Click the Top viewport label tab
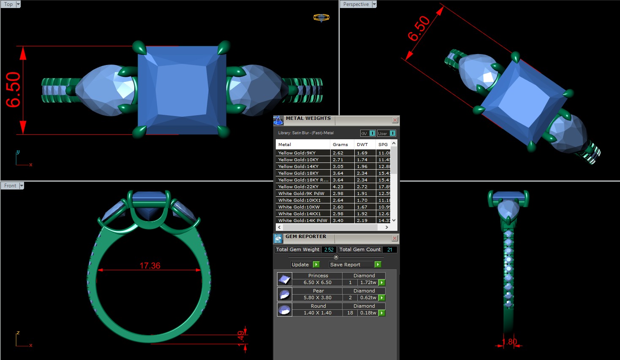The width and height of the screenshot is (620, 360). click(x=8, y=4)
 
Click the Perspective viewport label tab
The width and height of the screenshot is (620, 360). click(x=356, y=4)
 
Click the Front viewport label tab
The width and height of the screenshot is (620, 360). click(x=10, y=186)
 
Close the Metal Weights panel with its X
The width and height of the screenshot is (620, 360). click(x=395, y=120)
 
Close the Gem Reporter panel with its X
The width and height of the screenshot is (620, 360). click(x=394, y=238)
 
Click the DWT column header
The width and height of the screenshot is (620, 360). click(x=362, y=144)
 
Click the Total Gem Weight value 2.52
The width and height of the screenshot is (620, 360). click(x=329, y=249)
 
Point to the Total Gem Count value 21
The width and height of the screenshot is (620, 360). click(x=389, y=249)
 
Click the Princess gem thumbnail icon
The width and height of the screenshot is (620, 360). click(x=284, y=279)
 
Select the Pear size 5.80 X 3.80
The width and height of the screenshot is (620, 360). click(x=317, y=298)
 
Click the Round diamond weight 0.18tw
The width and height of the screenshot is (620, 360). click(x=368, y=313)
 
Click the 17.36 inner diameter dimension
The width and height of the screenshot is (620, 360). click(x=150, y=265)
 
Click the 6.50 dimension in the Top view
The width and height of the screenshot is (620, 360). click(x=13, y=89)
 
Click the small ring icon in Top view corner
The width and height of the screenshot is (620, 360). click(x=321, y=17)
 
